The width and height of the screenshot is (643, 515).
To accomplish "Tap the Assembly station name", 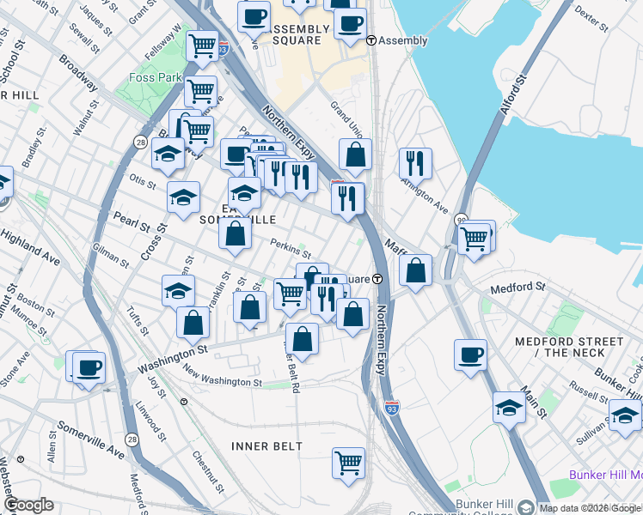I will pos(402,40).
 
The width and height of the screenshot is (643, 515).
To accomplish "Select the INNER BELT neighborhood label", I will pos(267,446).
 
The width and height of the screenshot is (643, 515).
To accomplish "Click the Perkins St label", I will pos(290,248).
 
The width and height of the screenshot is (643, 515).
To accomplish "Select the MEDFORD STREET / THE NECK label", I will pos(570,347).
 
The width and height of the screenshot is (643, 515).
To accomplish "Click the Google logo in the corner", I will pos(28,505).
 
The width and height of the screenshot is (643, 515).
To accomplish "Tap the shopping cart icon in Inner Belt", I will pos(348,463).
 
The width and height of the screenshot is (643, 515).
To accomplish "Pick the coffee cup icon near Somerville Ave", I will pos(89,367).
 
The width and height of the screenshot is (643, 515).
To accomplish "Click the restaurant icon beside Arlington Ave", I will pos(415,162).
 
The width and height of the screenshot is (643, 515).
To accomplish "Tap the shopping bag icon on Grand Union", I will pos(355,154).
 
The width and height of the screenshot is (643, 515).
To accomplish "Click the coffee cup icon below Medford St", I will pos(470,354).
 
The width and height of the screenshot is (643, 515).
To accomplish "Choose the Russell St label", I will pos(589,393).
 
